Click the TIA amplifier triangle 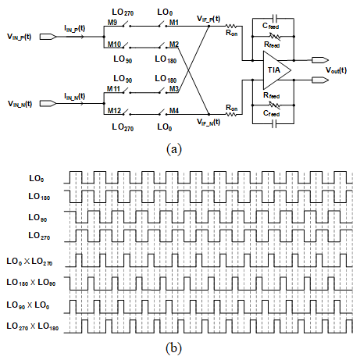point(276,70)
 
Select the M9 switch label point(112,23)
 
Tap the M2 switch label point(174,45)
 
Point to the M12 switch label point(114,111)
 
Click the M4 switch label point(174,111)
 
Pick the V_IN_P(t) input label point(19,37)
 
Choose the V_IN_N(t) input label point(20,104)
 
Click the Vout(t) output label point(336,70)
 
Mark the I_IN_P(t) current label point(75,28)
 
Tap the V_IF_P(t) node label point(209,19)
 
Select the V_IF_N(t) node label point(209,122)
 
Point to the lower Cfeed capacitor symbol point(274,124)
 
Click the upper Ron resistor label point(231,33)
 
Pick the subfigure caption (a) point(173,149)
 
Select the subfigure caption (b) point(173,348)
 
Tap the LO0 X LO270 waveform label point(30,262)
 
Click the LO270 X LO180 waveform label point(33,326)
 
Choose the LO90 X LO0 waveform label point(28,305)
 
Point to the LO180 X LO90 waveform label point(31,283)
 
